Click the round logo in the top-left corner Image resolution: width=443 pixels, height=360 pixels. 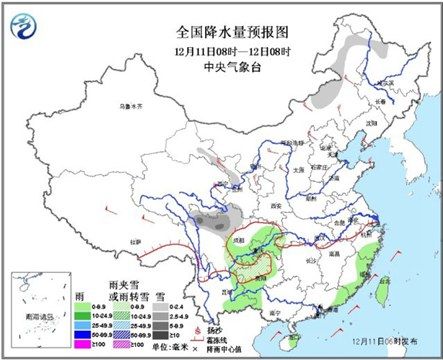tap(24, 20)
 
